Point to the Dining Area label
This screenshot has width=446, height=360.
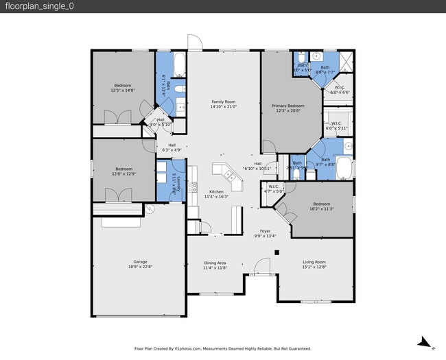[215, 263]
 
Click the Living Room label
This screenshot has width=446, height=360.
[314, 263]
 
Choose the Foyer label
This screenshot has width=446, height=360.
[265, 231]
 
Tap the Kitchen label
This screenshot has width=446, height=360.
[216, 191]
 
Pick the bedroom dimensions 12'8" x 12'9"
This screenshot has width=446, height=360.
[124, 173]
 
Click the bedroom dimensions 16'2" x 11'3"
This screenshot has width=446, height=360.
[322, 208]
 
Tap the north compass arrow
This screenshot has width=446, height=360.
[425, 341]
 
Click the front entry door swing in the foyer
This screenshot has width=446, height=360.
[261, 267]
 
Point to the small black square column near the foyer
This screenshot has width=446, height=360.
[277, 252]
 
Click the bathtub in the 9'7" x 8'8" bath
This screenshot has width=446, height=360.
[343, 168]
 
